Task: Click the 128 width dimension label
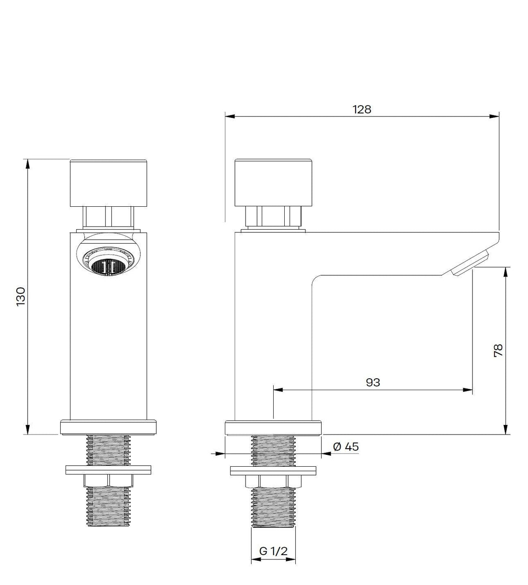(x=362, y=110)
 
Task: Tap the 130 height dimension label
(x=21, y=296)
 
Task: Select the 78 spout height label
(x=499, y=350)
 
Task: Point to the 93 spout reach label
(x=373, y=382)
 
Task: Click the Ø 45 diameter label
(x=346, y=447)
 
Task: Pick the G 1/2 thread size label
(x=273, y=551)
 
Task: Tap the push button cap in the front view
(x=108, y=183)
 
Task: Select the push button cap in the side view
(x=273, y=183)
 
